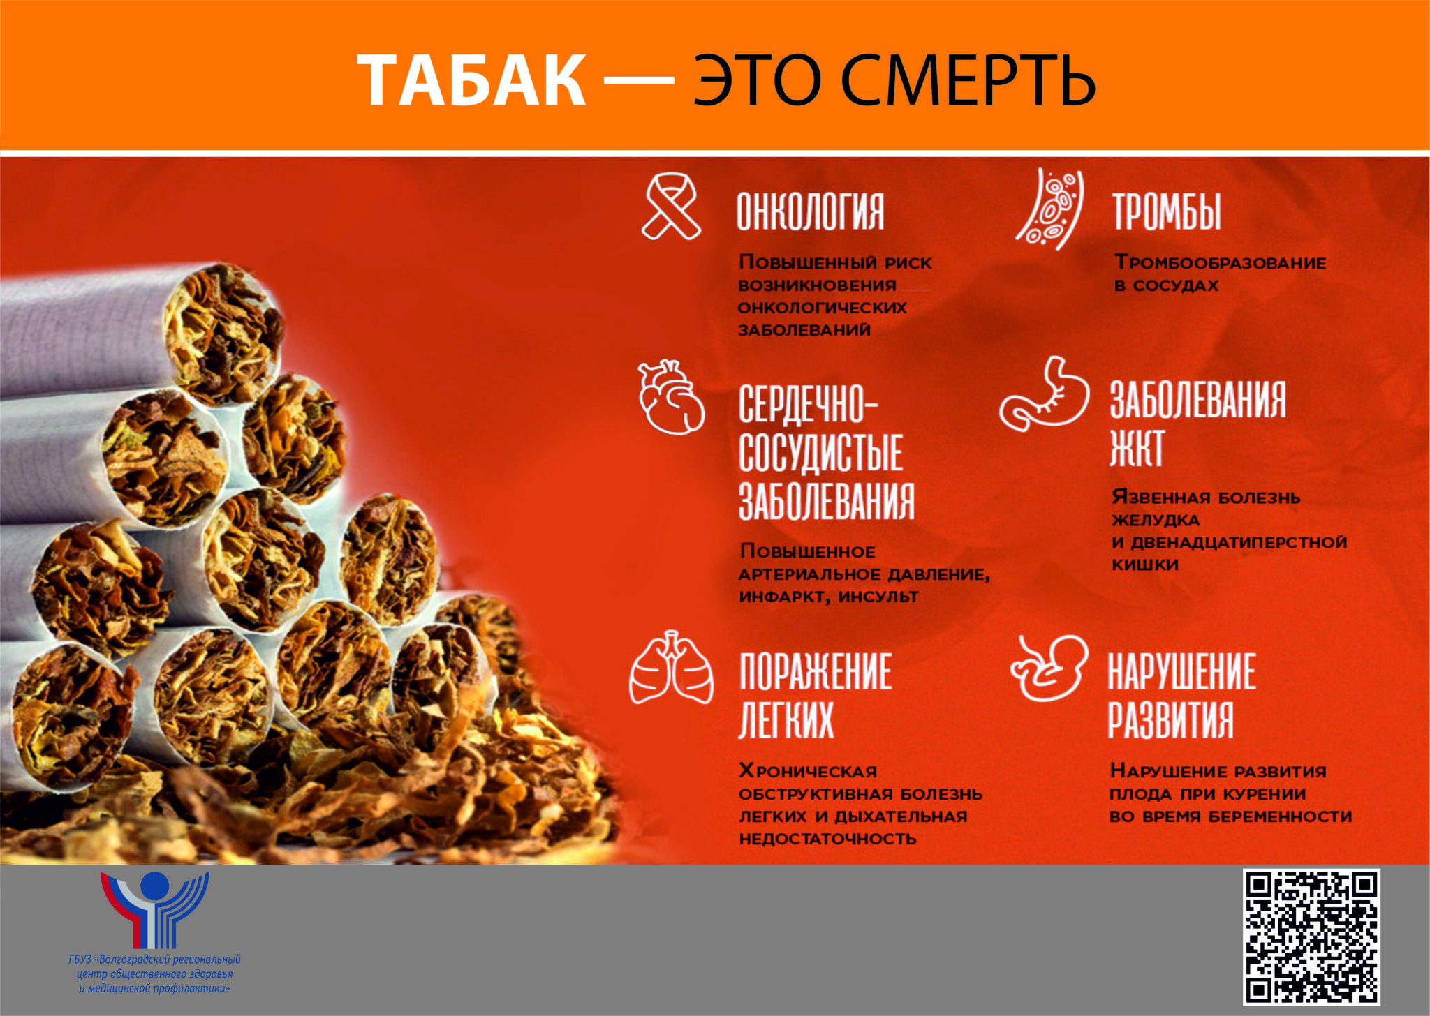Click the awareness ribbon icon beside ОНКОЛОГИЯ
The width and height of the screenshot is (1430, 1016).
(670, 207)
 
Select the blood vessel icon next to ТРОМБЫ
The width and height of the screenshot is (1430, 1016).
(1050, 209)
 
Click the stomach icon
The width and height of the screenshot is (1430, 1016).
(1045, 394)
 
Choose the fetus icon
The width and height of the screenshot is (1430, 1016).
(1049, 667)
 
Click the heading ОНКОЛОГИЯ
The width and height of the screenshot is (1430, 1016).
(811, 211)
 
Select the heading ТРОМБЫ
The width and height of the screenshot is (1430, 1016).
(1167, 211)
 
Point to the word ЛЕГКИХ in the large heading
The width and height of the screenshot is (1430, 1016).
(786, 719)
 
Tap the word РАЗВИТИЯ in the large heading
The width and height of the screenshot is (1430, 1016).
(1170, 719)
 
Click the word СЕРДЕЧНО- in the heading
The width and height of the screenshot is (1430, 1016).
(809, 403)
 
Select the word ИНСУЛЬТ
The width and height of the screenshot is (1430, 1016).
(878, 597)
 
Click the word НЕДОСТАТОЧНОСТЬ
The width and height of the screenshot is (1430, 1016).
(827, 838)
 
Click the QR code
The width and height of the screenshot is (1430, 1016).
(1311, 936)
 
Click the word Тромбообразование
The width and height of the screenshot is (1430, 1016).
(1221, 262)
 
